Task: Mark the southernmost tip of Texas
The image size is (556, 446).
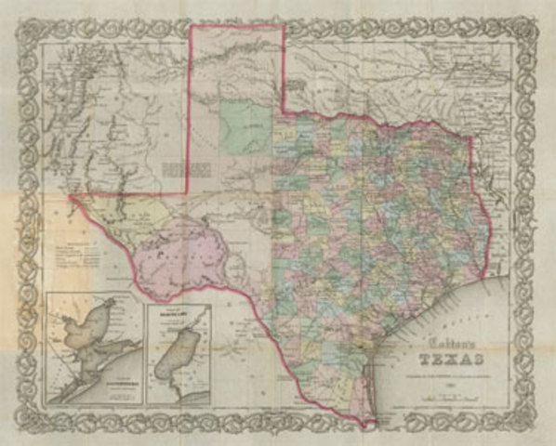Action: coord(372,425)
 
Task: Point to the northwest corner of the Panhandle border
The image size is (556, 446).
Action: coord(191,26)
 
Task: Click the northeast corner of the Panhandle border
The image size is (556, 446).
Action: coord(283,26)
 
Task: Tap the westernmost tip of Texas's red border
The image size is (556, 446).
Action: coord(69,196)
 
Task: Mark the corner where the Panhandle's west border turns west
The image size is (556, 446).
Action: coord(190,192)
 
